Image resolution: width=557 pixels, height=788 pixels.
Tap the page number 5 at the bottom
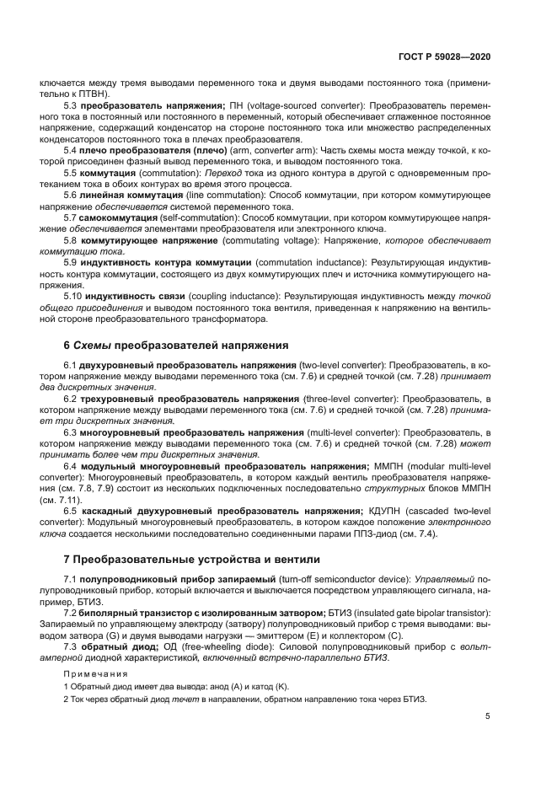coord(488,717)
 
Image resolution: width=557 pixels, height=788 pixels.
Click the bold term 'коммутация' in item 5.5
coord(108,171)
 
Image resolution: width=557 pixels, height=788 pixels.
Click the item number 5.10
coord(74,298)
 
